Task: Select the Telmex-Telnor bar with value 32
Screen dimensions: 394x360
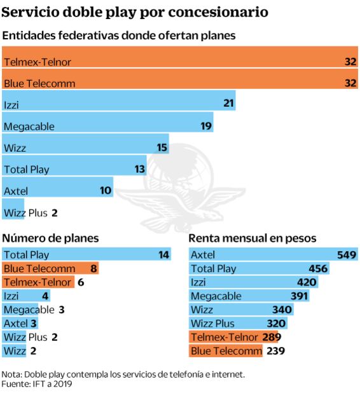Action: point(180,62)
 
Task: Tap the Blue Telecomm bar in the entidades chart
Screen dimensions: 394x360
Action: point(180,83)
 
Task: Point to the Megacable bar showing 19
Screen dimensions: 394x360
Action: point(108,126)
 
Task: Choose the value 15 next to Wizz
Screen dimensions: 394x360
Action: point(162,147)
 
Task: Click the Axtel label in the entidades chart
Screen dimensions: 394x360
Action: point(16,191)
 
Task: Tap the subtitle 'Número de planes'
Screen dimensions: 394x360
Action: point(51,238)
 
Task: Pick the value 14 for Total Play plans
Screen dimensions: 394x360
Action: point(164,255)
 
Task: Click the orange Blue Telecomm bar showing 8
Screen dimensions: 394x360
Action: point(50,268)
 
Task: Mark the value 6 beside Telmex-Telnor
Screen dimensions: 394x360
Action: point(81,282)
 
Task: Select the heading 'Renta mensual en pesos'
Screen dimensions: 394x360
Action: point(253,238)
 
